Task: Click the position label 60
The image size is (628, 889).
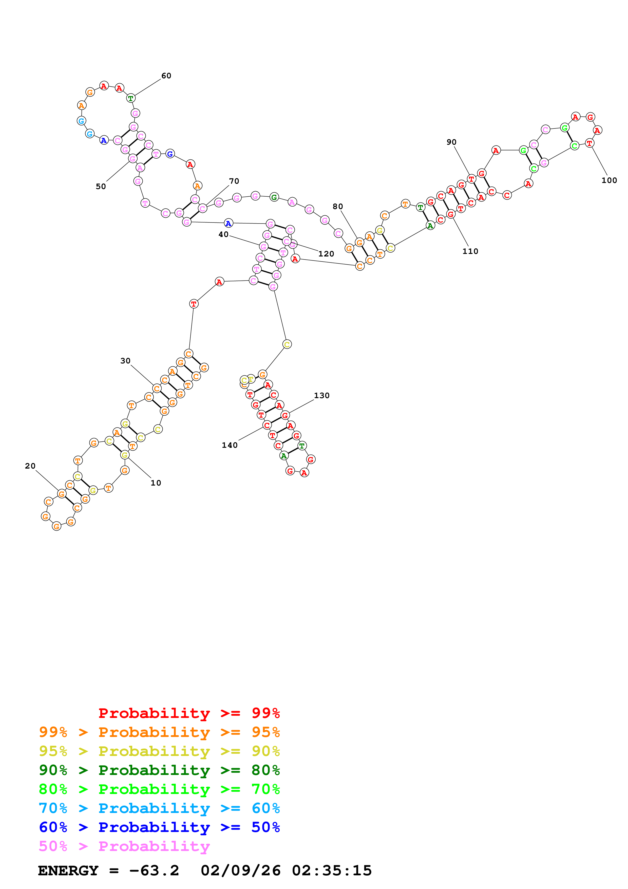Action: [166, 76]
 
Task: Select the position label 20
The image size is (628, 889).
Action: [30, 466]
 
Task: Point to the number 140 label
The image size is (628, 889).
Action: [230, 445]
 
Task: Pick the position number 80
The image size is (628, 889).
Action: [338, 206]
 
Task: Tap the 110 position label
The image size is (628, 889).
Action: [470, 251]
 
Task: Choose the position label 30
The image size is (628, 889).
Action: [125, 361]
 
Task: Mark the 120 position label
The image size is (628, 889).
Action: [326, 254]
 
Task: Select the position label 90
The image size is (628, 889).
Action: [451, 142]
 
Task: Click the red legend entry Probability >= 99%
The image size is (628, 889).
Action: [189, 713]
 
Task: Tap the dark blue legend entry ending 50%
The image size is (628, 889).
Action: [159, 827]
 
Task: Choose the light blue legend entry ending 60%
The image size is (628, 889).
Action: [159, 808]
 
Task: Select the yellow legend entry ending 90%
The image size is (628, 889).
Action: [159, 751]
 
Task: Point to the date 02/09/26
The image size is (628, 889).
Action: [240, 871]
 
